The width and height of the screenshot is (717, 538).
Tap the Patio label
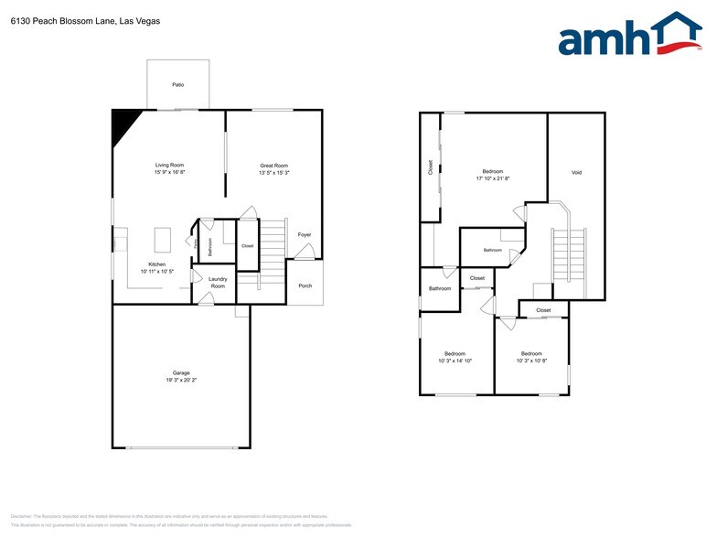tap(177, 85)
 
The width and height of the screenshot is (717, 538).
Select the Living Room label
tap(169, 165)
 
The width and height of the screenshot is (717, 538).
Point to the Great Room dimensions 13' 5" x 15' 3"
tap(274, 173)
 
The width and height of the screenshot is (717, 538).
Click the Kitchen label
tap(157, 264)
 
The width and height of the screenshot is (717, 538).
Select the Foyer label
tap(305, 234)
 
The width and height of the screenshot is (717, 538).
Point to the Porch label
tap(305, 285)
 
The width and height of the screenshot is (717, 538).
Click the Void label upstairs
tap(576, 172)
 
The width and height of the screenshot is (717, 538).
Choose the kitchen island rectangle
tap(165, 239)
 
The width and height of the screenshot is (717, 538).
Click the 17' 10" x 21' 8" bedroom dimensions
tap(493, 178)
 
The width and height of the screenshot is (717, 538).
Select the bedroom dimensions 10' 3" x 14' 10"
tap(455, 360)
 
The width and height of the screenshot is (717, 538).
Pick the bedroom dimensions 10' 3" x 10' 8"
tap(531, 360)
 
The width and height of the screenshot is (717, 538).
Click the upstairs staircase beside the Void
tap(563, 256)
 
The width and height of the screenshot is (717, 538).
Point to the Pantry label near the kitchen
tap(197, 242)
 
